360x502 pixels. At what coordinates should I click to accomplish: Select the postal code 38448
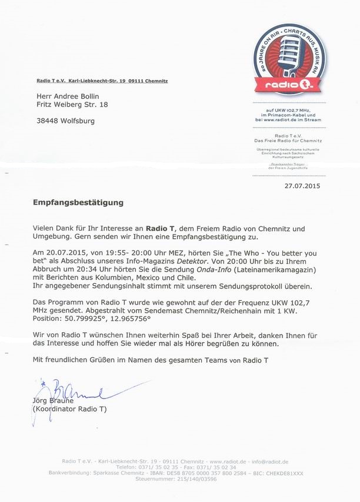coord(46,121)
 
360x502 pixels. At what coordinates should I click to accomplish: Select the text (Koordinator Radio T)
coord(69,409)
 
